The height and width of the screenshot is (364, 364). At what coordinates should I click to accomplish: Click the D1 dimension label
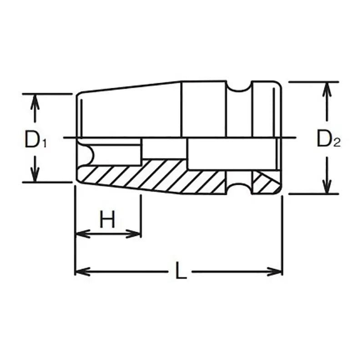35,139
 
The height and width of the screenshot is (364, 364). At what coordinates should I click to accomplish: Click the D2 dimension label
328,139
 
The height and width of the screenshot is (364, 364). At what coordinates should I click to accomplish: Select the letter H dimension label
107,221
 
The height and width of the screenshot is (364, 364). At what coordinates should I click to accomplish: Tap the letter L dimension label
181,272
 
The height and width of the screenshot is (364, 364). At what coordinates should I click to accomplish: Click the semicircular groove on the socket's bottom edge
239,187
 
